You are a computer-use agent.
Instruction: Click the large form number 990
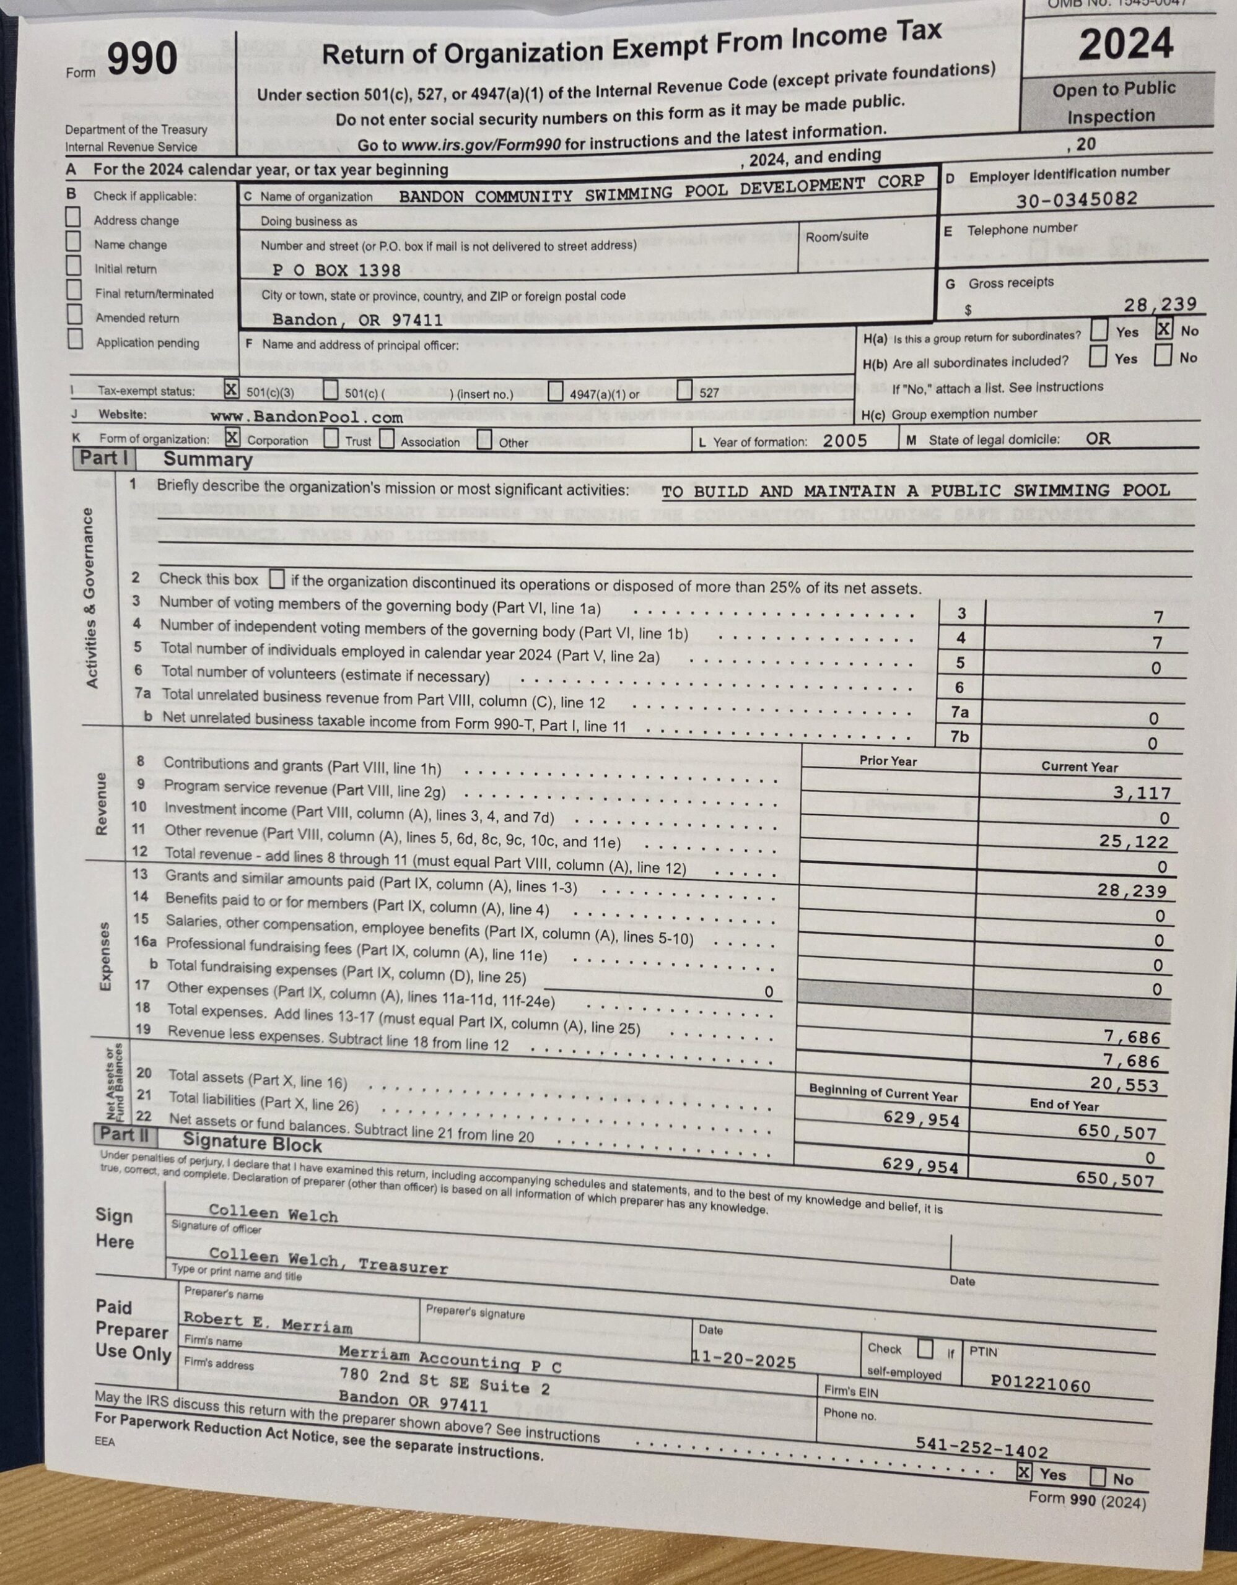coord(142,59)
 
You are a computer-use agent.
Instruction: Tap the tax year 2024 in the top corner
coord(1126,43)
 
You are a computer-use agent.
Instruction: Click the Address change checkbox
coord(72,217)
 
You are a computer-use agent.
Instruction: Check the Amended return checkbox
coord(74,315)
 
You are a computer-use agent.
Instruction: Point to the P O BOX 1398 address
coord(337,271)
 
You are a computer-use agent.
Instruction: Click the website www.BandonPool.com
coord(307,417)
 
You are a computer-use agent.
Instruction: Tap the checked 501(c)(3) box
coord(231,389)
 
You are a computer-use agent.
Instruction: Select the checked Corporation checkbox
coord(232,438)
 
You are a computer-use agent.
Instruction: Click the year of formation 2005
coord(844,441)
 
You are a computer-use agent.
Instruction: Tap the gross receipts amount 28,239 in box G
coord(1160,304)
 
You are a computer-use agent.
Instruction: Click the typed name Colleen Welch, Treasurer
coord(328,1261)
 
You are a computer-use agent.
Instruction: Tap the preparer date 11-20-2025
coord(744,1360)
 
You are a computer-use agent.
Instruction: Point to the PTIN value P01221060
coord(1040,1384)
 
